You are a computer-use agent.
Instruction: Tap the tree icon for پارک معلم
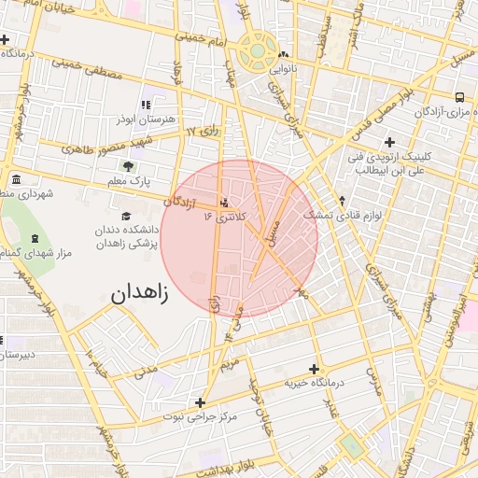pyautogui.click(x=128, y=165)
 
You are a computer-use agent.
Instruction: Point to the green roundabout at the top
pyautogui.click(x=255, y=52)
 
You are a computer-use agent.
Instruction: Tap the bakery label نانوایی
pyautogui.click(x=283, y=69)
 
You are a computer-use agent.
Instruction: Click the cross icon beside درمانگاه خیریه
pyautogui.click(x=313, y=370)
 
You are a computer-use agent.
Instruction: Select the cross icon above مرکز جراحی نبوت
pyautogui.click(x=200, y=402)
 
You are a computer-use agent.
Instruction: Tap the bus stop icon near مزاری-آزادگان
pyautogui.click(x=459, y=97)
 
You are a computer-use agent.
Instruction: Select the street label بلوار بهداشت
pyautogui.click(x=211, y=458)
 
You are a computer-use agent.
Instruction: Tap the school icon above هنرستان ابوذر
pyautogui.click(x=145, y=105)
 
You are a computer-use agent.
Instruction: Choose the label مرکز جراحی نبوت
pyautogui.click(x=199, y=417)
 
